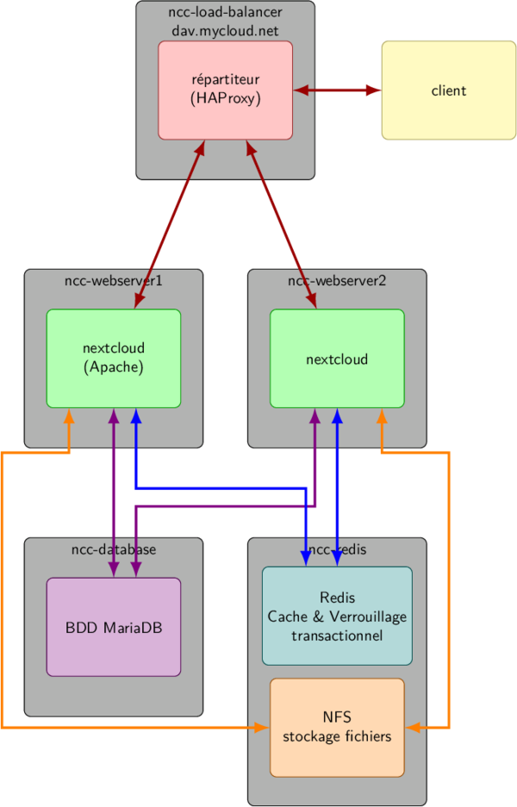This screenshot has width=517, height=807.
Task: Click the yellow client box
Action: click(x=448, y=91)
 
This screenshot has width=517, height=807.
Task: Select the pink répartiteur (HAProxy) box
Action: click(x=225, y=90)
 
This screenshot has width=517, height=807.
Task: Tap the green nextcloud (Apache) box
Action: click(x=113, y=358)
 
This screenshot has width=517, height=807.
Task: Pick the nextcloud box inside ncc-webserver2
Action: click(x=337, y=359)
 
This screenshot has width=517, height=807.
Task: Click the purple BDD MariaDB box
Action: click(x=113, y=628)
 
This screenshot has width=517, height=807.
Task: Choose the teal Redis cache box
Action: click(x=337, y=616)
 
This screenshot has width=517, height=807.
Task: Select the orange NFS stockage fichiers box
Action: click(x=337, y=727)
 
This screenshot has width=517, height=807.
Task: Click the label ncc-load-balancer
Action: click(x=225, y=12)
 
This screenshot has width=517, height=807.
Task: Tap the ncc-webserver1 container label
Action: click(x=113, y=280)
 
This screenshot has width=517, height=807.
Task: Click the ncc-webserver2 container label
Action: click(x=337, y=280)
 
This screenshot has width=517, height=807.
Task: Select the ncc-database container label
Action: click(x=113, y=549)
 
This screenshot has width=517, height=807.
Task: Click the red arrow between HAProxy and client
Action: click(x=337, y=90)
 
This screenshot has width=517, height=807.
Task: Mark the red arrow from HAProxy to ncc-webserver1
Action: click(x=169, y=223)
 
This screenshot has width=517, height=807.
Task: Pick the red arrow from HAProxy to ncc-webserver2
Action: click(x=281, y=223)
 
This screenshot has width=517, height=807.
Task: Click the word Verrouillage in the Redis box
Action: click(x=364, y=616)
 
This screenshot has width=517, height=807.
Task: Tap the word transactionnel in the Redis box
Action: click(x=337, y=635)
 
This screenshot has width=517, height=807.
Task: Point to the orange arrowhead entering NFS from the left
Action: click(x=263, y=728)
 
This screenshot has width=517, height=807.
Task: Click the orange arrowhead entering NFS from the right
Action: click(x=412, y=728)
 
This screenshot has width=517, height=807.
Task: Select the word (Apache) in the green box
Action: click(x=113, y=367)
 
